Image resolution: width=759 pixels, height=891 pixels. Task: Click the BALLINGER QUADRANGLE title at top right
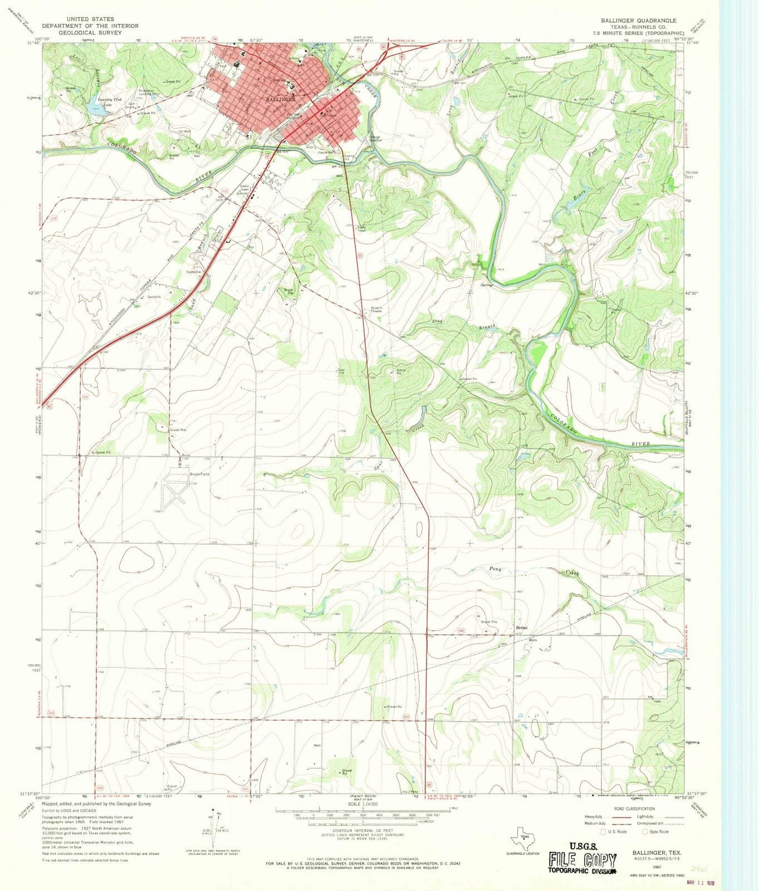pos(638,20)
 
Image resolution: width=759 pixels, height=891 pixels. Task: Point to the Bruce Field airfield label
pos(199,474)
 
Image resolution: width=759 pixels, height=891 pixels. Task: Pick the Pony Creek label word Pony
pos(495,569)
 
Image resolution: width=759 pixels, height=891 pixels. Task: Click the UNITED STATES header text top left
pos(90,19)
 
